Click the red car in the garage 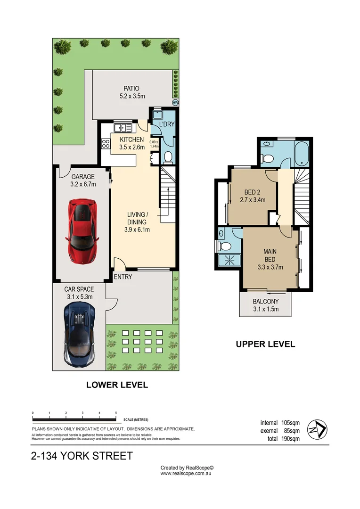click(82, 232)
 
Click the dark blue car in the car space click(79, 334)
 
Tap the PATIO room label click(131, 88)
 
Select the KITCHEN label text click(132, 140)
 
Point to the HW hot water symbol click(175, 103)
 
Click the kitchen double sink click(123, 128)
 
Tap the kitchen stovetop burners click(106, 143)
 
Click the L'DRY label click(167, 124)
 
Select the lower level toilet click(168, 157)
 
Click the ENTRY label click(123, 277)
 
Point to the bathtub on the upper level click(302, 154)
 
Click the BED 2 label click(252, 192)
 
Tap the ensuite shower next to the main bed click(229, 260)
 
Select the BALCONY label click(266, 302)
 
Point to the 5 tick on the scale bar click(116, 413)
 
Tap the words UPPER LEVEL click(265, 344)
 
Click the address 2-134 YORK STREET click(82, 456)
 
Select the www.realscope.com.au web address click(186, 473)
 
